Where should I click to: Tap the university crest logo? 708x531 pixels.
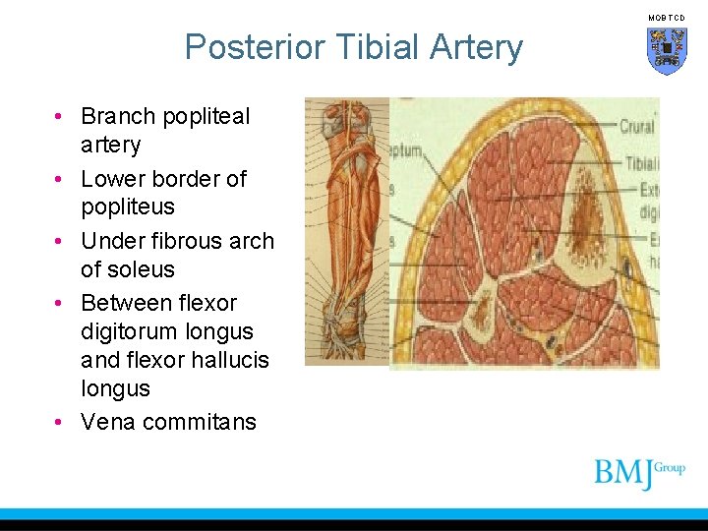(x=667, y=50)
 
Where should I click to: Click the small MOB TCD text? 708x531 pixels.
(x=666, y=18)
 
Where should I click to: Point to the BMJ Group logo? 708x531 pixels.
(x=638, y=472)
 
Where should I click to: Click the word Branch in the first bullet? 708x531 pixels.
(x=118, y=116)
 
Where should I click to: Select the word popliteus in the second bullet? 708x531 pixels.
(x=127, y=207)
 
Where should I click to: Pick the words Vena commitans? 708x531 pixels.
(x=168, y=422)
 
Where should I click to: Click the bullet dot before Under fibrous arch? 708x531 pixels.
(x=61, y=241)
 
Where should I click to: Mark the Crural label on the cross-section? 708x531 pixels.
(x=637, y=126)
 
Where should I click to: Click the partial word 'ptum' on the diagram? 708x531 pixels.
(x=404, y=152)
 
